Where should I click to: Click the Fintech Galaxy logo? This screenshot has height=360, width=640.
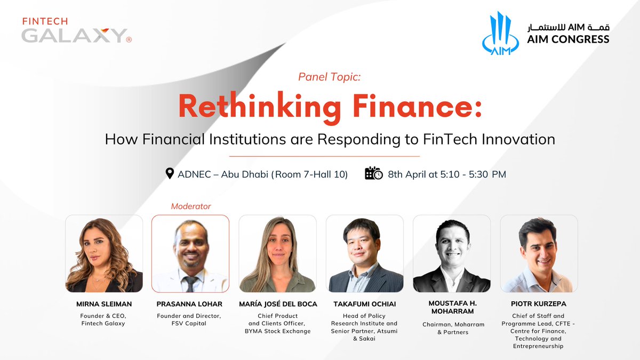click(x=75, y=31)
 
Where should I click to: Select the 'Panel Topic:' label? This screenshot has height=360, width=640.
click(x=330, y=77)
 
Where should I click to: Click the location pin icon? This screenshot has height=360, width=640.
click(x=170, y=174)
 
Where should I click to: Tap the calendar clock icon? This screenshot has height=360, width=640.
click(x=373, y=174)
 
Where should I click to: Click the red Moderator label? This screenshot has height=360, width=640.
click(x=191, y=206)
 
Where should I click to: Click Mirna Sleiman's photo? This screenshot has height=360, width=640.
click(x=104, y=254)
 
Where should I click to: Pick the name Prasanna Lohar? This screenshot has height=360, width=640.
click(x=190, y=304)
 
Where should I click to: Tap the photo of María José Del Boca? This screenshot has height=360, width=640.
click(x=277, y=254)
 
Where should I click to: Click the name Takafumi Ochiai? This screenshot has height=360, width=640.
click(x=364, y=304)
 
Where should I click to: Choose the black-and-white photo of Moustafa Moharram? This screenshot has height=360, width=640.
click(x=452, y=254)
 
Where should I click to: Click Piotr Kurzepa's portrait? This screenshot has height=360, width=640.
click(x=539, y=254)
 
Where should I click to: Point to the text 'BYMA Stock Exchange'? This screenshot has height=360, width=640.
click(x=277, y=331)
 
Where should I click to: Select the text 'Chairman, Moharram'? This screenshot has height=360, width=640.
click(x=452, y=324)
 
